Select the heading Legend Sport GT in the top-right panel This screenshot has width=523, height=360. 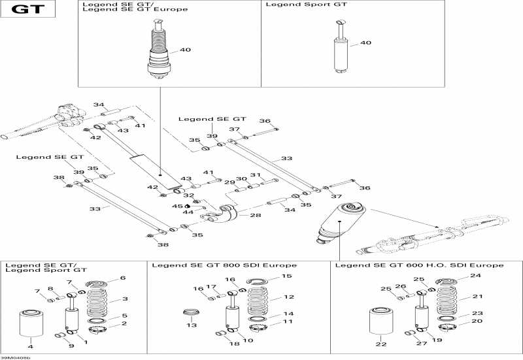306,5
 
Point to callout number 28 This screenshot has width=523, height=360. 254,214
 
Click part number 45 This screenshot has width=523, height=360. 176,206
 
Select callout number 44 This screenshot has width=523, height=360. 188,212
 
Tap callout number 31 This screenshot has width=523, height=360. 255,175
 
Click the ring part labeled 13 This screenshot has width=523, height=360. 192,311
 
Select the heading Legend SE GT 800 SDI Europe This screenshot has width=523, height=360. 224,265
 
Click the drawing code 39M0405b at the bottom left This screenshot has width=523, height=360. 15,357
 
